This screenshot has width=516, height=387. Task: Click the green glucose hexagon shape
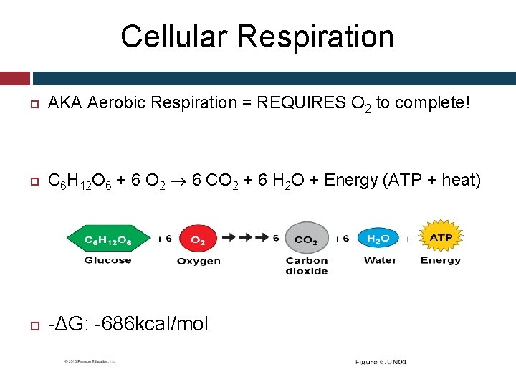tap(107, 238)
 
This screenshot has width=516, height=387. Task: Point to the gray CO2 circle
tap(306, 239)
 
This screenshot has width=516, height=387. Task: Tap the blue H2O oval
tap(378, 238)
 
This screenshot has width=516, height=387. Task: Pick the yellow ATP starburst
tap(441, 237)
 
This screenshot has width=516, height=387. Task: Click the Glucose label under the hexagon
tap(107, 260)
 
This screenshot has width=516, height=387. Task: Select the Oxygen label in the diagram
tap(199, 261)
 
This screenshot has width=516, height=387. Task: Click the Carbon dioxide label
tap(306, 265)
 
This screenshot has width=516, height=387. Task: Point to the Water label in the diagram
tap(380, 260)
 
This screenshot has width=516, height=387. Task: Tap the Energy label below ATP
tap(441, 260)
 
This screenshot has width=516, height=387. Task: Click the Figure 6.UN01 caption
tap(381, 362)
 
